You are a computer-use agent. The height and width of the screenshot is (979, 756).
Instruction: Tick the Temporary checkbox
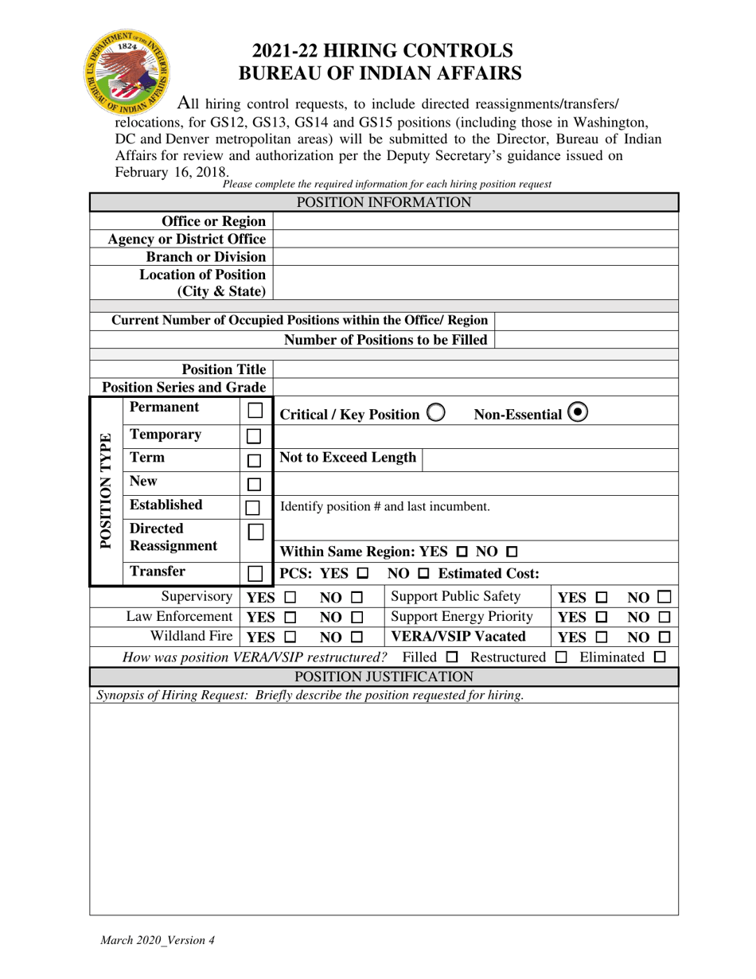[255, 436]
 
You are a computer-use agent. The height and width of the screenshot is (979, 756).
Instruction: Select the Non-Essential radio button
[579, 413]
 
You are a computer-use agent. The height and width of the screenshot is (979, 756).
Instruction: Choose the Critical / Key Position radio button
[436, 413]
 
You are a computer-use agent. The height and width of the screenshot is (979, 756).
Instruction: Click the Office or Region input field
[475, 221]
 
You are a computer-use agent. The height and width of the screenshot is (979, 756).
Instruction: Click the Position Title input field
[475, 369]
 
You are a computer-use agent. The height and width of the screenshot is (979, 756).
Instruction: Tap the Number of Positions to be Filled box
[586, 340]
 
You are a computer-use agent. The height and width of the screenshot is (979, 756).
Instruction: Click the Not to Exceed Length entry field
[549, 458]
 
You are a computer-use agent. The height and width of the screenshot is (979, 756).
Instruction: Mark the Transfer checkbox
[255, 573]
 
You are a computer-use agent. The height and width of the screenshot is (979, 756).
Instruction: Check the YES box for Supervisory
[290, 597]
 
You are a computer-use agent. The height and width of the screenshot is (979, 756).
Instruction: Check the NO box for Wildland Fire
[357, 637]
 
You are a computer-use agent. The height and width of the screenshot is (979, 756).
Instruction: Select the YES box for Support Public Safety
[602, 597]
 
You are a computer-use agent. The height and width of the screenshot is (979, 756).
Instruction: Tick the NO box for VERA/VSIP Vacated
[664, 637]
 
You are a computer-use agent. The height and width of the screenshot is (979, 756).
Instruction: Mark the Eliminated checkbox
[660, 657]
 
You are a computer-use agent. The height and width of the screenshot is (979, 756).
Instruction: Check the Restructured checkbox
[561, 657]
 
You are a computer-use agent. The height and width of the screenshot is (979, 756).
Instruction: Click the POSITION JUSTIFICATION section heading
[384, 677]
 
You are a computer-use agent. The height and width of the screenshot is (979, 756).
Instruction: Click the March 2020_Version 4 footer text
[157, 940]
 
